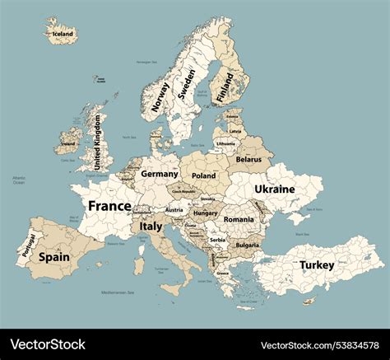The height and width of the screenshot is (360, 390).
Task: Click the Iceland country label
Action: click(x=63, y=34)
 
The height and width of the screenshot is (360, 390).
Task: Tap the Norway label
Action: click(x=160, y=96)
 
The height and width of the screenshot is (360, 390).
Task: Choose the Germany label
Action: click(x=159, y=175)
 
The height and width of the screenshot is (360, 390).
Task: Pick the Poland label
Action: click(x=203, y=175)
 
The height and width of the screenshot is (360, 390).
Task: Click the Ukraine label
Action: click(x=274, y=189)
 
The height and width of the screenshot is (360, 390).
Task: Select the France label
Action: click(x=109, y=206)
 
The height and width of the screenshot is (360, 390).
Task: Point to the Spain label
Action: click(x=54, y=257)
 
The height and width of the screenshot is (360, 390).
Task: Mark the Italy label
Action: click(x=151, y=226)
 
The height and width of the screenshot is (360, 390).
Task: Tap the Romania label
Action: click(x=239, y=220)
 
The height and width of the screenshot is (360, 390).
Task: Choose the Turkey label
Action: click(x=317, y=265)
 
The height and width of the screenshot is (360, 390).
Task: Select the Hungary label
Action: click(x=205, y=213)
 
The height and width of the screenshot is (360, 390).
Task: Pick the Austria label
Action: click(x=174, y=210)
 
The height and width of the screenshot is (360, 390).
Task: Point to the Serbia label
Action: click(x=217, y=240)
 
